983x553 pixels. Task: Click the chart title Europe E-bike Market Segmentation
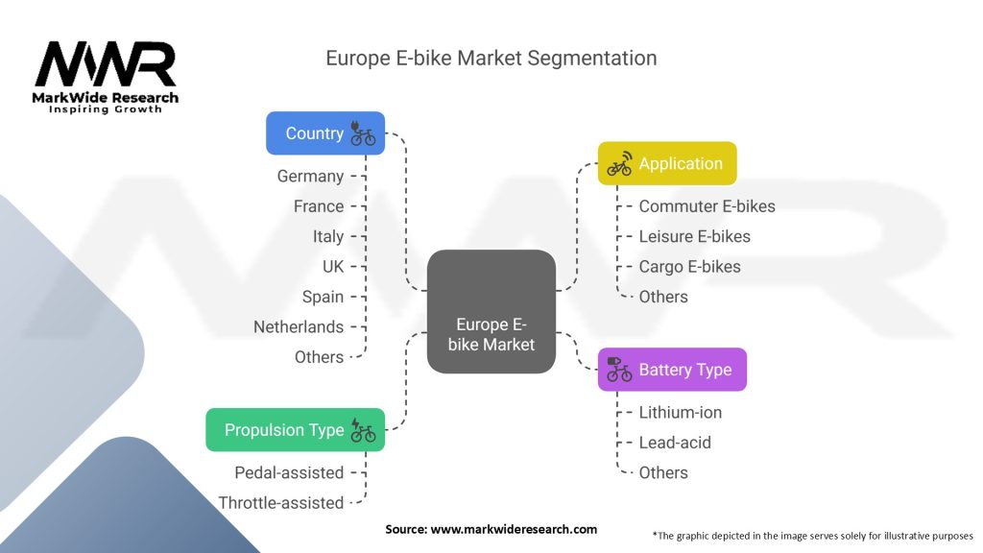[491, 58]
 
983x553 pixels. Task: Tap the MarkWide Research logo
[106, 77]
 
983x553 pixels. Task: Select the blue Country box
[324, 133]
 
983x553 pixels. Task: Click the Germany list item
[310, 176]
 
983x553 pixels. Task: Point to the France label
[319, 206]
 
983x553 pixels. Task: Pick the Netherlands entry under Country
[299, 326]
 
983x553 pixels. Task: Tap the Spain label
[323, 297]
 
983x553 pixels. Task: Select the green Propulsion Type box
[295, 430]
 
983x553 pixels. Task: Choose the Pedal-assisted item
[289, 472]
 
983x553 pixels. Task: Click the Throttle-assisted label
[281, 502]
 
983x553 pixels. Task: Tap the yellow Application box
[667, 163]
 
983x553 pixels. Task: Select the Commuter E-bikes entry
[707, 206]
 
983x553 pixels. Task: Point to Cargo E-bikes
[689, 266]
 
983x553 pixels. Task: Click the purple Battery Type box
[672, 370]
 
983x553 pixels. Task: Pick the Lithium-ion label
[680, 412]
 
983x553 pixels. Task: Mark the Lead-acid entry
[674, 443]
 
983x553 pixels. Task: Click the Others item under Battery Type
[663, 472]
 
